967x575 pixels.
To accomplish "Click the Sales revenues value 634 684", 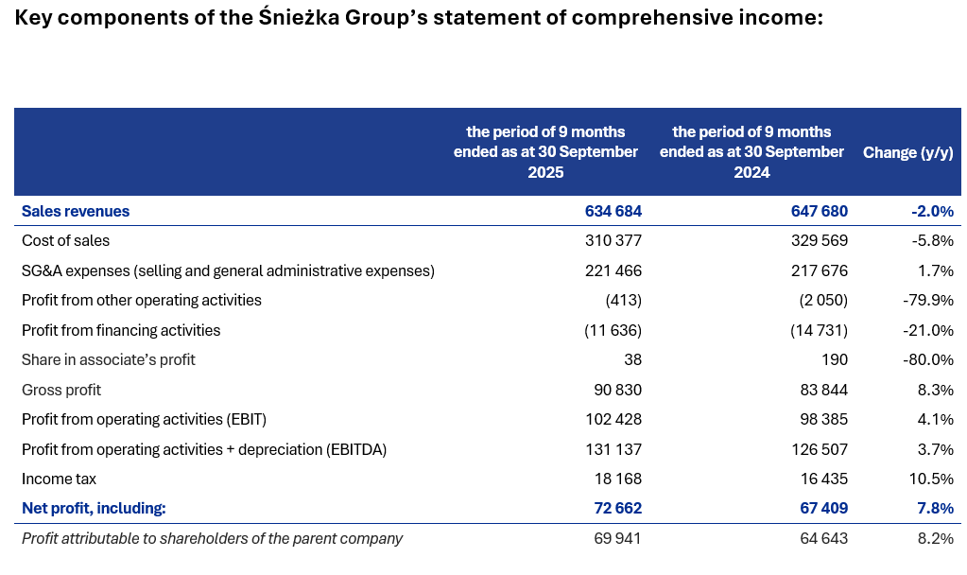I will pos(613,211).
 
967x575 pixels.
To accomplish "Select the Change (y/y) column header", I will pos(907,152).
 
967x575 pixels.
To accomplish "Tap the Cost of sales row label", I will pos(65,241).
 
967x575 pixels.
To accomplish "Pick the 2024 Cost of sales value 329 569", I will pos(820,241).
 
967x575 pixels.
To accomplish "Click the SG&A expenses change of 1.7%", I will pos(935,271).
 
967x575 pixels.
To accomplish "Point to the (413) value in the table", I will pos(623,301).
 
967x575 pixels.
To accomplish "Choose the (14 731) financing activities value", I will pos(819,331).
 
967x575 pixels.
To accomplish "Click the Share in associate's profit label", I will pos(109,360).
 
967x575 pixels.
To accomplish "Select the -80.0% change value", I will pos(929,360).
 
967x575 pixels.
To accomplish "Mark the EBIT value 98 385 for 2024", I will pos(823,420).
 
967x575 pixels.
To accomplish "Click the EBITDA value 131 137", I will pos(613,450).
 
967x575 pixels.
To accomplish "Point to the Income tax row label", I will pos(59,479).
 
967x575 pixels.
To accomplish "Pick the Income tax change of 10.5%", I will pos(931,479).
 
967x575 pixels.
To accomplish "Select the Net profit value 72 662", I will pos(617,509).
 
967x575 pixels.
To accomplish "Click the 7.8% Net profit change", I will pos(935,509).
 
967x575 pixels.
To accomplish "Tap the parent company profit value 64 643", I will pos(823,539).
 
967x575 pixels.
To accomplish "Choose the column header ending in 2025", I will pos(546,152).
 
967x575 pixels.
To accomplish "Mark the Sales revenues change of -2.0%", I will pos(931,211).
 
